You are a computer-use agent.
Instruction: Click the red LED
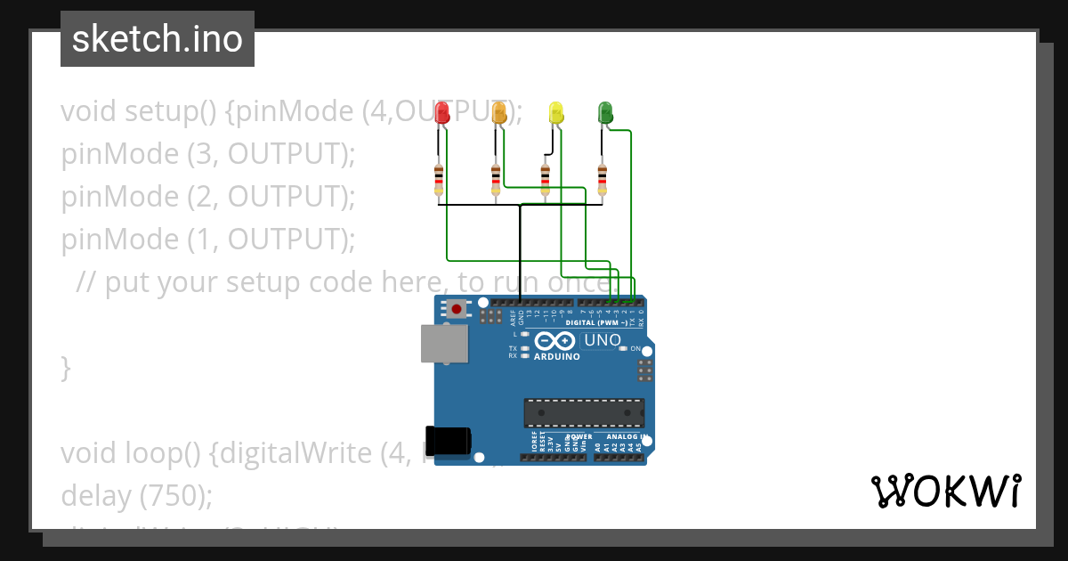(x=441, y=113)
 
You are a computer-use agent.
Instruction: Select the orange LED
(x=499, y=113)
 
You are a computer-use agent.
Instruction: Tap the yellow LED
(x=556, y=113)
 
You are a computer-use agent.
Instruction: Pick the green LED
(x=605, y=113)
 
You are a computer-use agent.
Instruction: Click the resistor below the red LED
(x=439, y=178)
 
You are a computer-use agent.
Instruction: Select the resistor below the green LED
(x=603, y=178)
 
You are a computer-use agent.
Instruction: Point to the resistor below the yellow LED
(x=546, y=178)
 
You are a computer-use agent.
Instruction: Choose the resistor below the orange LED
(x=496, y=178)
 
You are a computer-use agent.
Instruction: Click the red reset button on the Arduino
(x=457, y=310)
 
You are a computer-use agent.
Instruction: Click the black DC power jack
(x=448, y=442)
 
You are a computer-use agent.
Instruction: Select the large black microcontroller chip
(x=584, y=413)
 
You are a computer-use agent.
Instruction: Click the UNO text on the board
(x=603, y=341)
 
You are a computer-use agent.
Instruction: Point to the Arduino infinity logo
(x=555, y=341)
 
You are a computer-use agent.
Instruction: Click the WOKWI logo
(x=945, y=492)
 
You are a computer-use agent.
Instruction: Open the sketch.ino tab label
(x=158, y=39)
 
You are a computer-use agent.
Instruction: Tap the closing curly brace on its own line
(x=65, y=367)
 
